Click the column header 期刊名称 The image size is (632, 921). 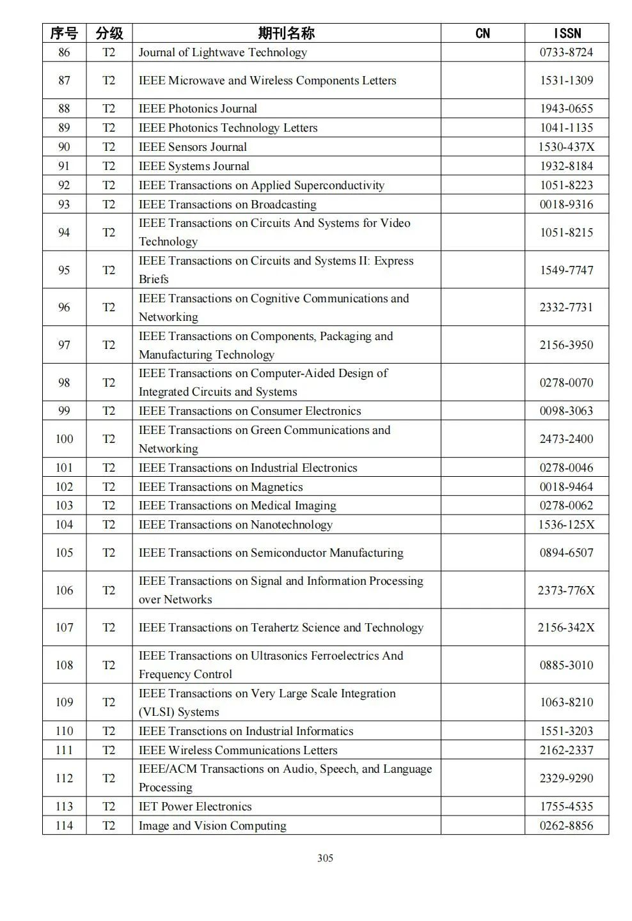coord(286,33)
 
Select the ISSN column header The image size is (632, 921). coord(567,33)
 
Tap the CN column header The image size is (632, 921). coord(482,33)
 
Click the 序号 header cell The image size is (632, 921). coord(64,33)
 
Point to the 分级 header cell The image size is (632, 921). coord(109,33)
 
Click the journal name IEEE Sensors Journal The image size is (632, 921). coord(193,147)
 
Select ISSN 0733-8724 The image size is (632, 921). coord(566,52)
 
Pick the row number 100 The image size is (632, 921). coord(64,439)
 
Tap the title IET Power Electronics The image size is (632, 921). coord(195,807)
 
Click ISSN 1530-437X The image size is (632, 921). coord(566,147)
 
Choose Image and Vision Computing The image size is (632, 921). coord(212,826)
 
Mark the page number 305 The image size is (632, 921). coord(325,858)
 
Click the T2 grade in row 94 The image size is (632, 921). coord(109,233)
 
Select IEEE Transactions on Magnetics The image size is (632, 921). coord(221,487)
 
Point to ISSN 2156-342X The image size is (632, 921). coord(566,628)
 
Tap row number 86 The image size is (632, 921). coord(64,52)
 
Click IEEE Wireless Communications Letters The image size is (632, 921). coord(238,750)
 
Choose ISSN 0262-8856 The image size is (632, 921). coord(566,826)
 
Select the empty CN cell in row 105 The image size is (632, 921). coord(482,553)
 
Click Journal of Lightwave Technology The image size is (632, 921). coord(223,52)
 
